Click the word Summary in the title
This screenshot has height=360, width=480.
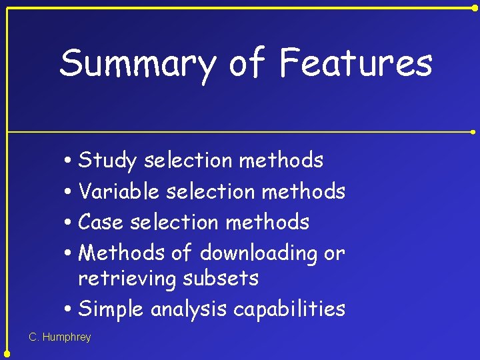click(x=138, y=64)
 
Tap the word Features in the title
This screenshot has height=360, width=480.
click(x=356, y=63)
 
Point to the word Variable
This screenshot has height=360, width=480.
click(x=119, y=191)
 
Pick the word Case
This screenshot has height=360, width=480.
click(x=102, y=222)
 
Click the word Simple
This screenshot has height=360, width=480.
click(x=111, y=309)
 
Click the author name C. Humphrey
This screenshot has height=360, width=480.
click(x=60, y=337)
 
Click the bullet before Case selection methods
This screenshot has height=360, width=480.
click(x=69, y=223)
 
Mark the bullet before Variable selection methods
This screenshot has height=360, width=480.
click(x=69, y=192)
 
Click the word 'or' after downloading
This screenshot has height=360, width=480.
click(x=334, y=253)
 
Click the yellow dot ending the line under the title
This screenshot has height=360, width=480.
click(x=473, y=132)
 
